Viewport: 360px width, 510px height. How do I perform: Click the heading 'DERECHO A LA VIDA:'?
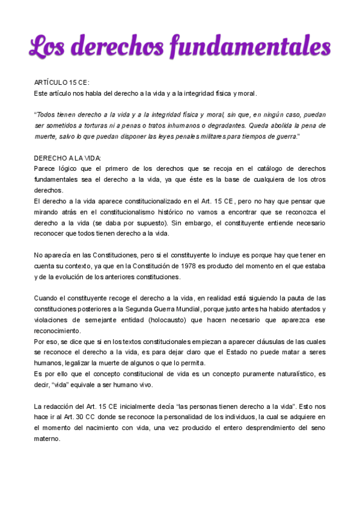tap(67, 158)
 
